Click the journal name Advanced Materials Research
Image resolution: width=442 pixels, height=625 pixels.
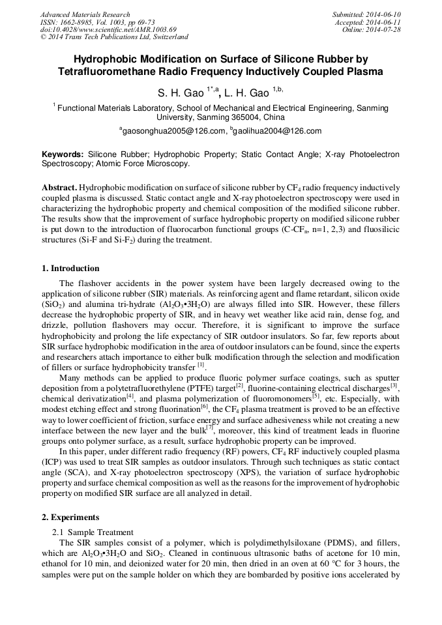point(85,14)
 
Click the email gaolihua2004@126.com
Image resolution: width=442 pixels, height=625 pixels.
point(277,131)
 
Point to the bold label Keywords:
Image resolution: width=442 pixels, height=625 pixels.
point(63,155)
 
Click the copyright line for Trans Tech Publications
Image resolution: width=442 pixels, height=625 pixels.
point(114,38)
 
